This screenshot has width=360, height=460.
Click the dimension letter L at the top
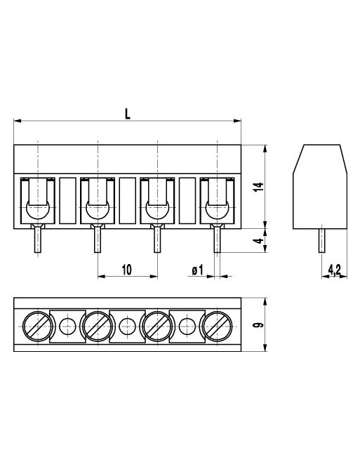point(127,112)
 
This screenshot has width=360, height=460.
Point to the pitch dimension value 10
point(127,269)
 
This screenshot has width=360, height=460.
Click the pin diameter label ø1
point(197,270)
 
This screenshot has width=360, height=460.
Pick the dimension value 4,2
point(334,269)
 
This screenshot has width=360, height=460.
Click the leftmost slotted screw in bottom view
point(36,325)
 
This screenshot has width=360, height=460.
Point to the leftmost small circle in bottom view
point(67,325)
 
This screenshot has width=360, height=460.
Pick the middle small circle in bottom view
point(127,325)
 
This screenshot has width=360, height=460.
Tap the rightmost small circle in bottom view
point(187,325)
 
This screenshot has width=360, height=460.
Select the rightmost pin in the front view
point(218,241)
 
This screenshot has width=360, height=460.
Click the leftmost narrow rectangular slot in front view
point(67,201)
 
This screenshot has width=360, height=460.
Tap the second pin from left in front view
point(98,241)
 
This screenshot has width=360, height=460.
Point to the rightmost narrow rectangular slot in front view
point(187,201)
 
